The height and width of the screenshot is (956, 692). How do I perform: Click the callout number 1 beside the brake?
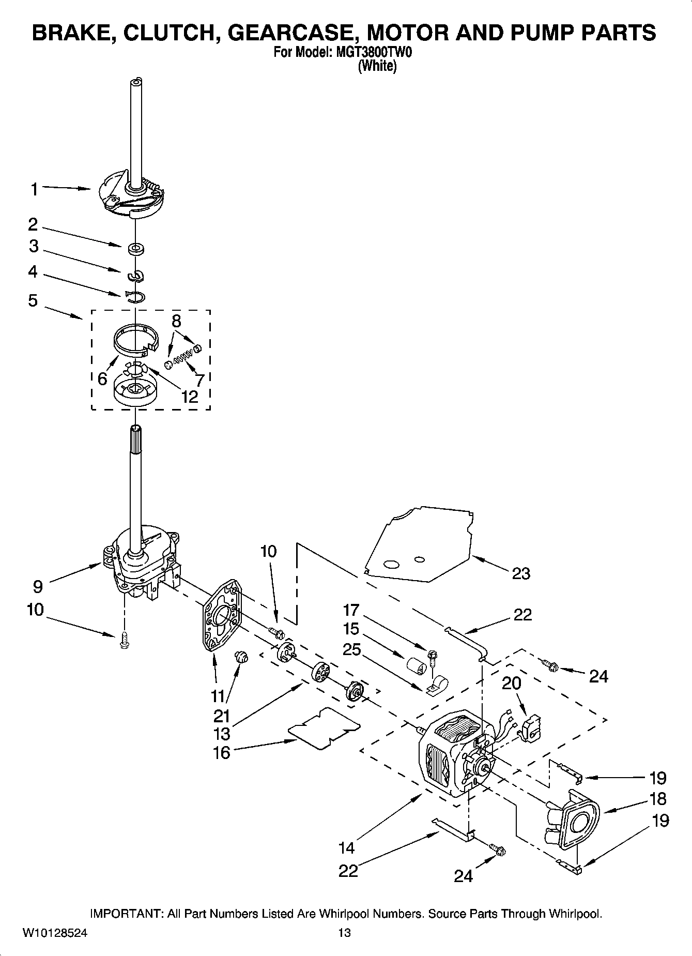pyautogui.click(x=34, y=190)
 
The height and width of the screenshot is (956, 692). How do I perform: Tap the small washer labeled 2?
pyautogui.click(x=136, y=249)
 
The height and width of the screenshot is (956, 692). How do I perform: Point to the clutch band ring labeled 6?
pyautogui.click(x=134, y=339)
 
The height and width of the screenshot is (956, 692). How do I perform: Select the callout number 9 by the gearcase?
pyautogui.click(x=38, y=586)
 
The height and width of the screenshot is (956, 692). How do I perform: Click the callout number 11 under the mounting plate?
pyautogui.click(x=218, y=695)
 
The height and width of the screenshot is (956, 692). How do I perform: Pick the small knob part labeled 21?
pyautogui.click(x=241, y=657)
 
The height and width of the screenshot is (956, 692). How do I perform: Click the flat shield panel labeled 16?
pyautogui.click(x=324, y=728)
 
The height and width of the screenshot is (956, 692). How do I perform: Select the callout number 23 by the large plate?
pyautogui.click(x=521, y=573)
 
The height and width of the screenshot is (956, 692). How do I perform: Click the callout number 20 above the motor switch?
pyautogui.click(x=512, y=683)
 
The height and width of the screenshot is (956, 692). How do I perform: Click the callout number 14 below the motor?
pyautogui.click(x=347, y=847)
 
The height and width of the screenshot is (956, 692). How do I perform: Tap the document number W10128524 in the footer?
pyautogui.click(x=55, y=932)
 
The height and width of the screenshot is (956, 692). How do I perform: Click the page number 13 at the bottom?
pyautogui.click(x=344, y=932)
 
